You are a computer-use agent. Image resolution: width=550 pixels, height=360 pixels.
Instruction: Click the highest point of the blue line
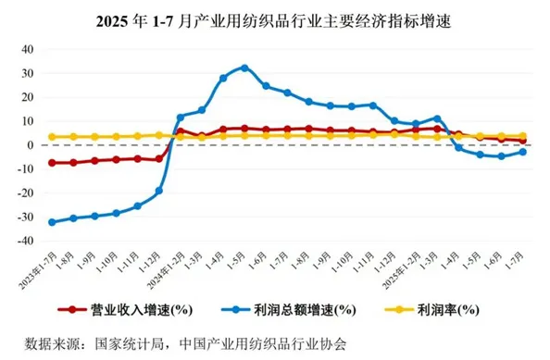coord(244,68)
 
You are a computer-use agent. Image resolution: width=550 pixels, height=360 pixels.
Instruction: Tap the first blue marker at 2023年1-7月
coord(52,222)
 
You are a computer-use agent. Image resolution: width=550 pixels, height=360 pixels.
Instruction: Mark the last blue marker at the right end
coord(523,152)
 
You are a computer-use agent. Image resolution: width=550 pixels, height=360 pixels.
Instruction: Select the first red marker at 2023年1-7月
coord(52,163)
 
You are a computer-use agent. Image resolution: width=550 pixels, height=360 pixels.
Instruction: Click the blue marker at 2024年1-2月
coord(180,118)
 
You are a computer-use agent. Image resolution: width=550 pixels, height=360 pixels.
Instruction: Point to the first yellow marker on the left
coord(52,137)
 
